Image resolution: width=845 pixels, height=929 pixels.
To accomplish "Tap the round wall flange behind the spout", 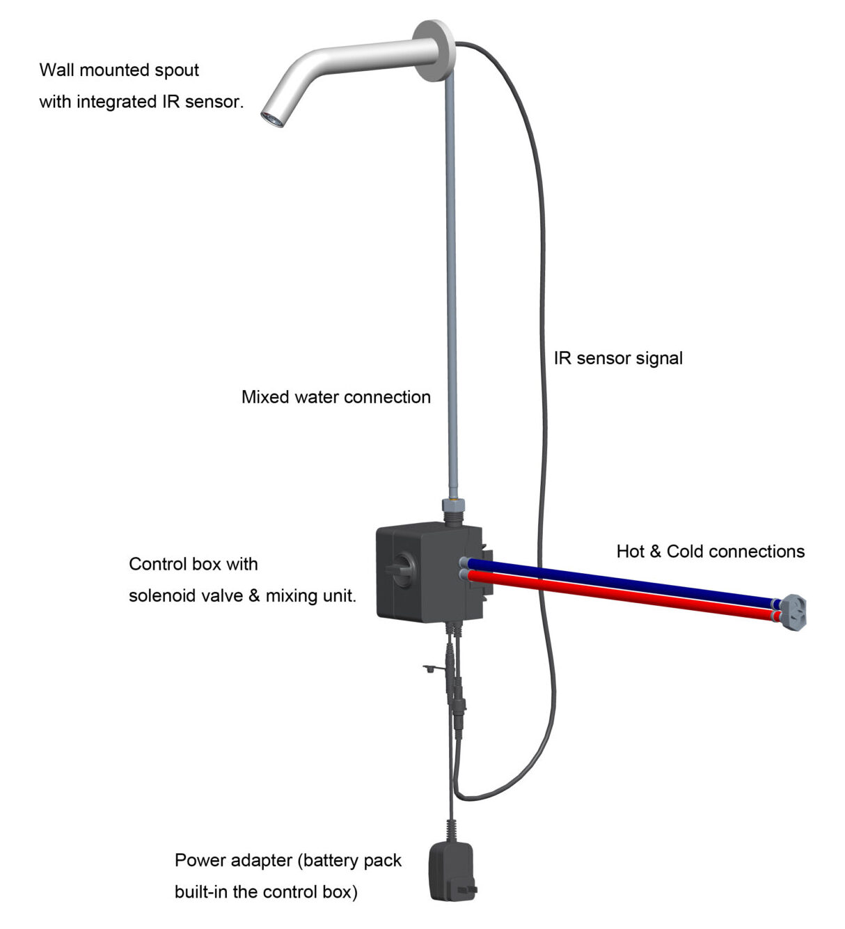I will click(434, 50).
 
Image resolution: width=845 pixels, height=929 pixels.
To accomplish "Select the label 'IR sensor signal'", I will click(618, 358).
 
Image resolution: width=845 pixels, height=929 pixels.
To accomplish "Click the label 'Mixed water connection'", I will click(335, 397).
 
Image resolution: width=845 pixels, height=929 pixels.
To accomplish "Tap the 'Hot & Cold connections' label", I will click(710, 552).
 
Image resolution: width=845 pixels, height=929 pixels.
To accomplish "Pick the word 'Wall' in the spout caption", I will click(56, 70).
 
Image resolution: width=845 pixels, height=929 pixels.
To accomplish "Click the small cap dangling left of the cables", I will click(430, 669).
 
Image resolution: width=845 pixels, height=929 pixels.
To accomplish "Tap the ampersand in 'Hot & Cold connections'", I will click(655, 552).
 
